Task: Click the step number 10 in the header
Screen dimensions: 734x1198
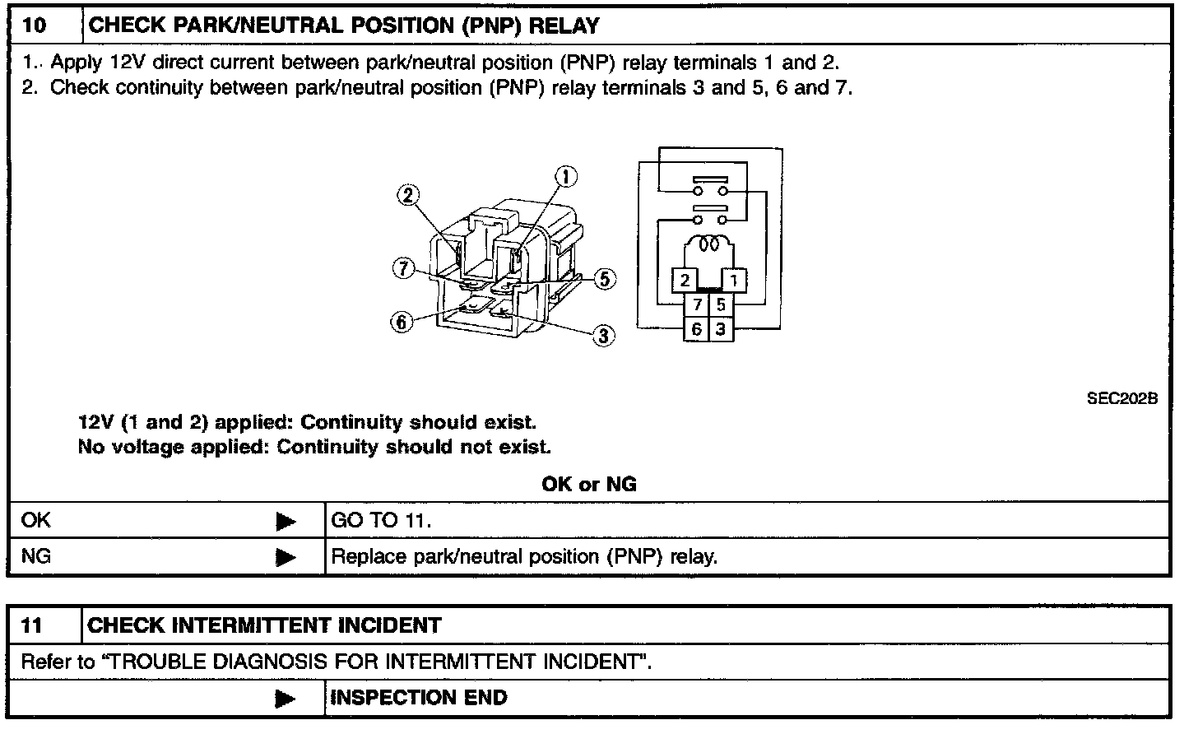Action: coord(35,26)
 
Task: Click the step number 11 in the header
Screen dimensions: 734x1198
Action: coord(32,625)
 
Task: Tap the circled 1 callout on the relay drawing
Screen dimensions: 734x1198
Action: coord(565,176)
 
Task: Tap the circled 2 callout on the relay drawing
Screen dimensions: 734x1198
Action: coord(407,195)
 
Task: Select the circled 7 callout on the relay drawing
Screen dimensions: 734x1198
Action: coord(402,268)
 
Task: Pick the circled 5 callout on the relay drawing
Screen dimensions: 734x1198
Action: coord(605,279)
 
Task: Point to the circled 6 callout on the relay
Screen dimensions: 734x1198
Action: coord(402,322)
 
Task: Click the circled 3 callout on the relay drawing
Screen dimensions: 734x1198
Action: coord(604,335)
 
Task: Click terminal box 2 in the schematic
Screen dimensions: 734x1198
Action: coord(685,280)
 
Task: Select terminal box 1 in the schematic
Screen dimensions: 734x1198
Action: coord(733,280)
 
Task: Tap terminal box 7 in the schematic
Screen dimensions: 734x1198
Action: coord(697,304)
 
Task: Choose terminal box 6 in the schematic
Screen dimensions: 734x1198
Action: coord(697,329)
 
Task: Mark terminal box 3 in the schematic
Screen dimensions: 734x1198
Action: coord(721,329)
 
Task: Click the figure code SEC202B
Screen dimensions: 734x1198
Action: coord(1121,398)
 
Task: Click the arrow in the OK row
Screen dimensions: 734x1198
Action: coord(286,521)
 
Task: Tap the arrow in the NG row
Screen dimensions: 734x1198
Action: coord(286,557)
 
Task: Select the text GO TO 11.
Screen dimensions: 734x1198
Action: coord(381,520)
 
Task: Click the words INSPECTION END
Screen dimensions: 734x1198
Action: coord(419,698)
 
